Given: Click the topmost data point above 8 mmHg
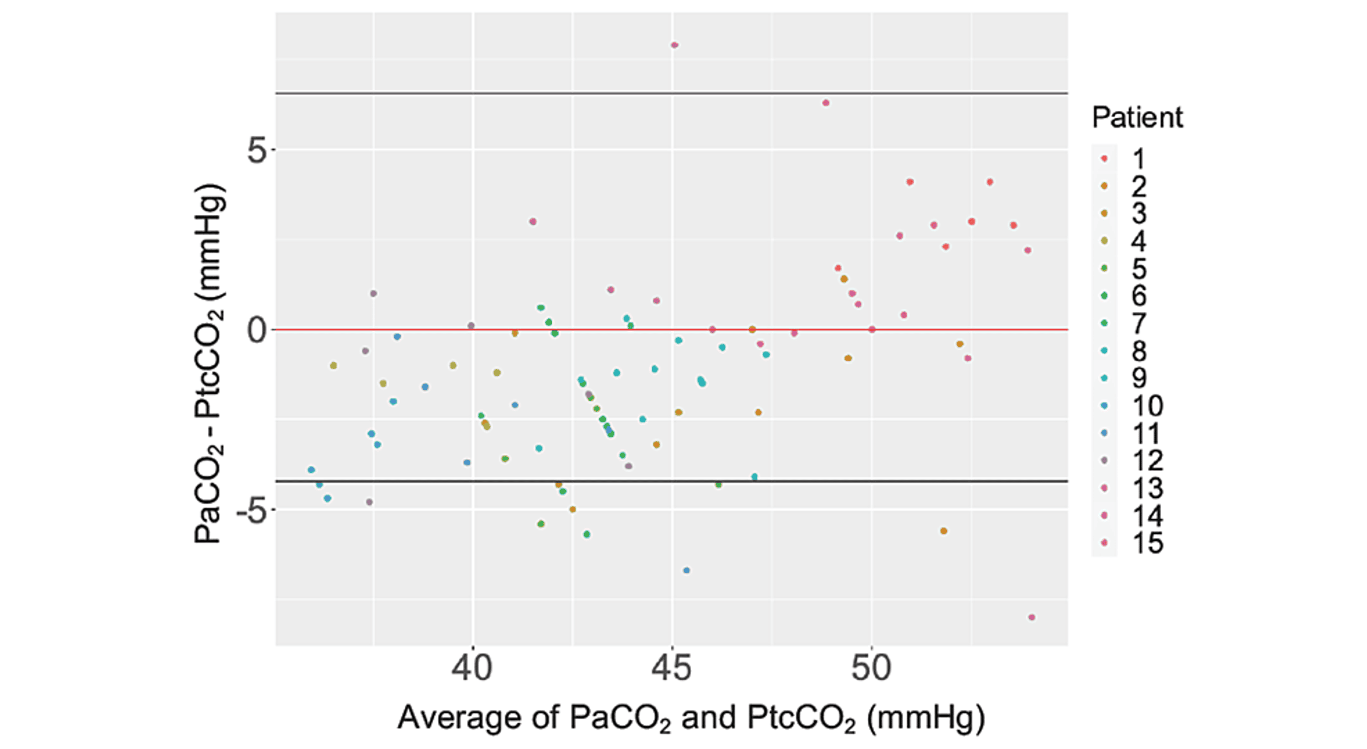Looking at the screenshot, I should click(x=674, y=45).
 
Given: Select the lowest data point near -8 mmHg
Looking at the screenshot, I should click(x=1032, y=617).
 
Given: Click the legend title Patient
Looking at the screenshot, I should click(x=1137, y=117).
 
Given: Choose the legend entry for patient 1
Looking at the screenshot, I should click(x=1138, y=159).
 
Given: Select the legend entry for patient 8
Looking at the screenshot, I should click(x=1138, y=351).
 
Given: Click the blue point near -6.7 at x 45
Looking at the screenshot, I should click(x=686, y=571).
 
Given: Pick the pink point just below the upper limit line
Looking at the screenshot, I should click(x=826, y=103).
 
